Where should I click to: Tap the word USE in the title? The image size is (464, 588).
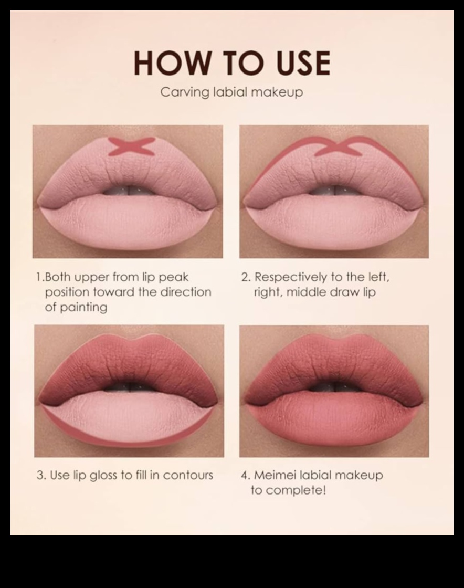tap(303, 63)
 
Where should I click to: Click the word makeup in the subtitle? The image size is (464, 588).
tap(277, 92)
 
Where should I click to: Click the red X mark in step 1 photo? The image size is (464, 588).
tap(132, 146)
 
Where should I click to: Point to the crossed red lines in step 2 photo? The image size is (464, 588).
tap(338, 147)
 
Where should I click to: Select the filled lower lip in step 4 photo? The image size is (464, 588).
tap(334, 418)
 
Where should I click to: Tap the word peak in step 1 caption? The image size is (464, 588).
tap(174, 278)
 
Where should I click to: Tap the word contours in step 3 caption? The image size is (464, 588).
tap(188, 476)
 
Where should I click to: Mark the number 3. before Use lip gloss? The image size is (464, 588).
tap(41, 476)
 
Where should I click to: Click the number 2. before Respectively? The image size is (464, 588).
tap(246, 278)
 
